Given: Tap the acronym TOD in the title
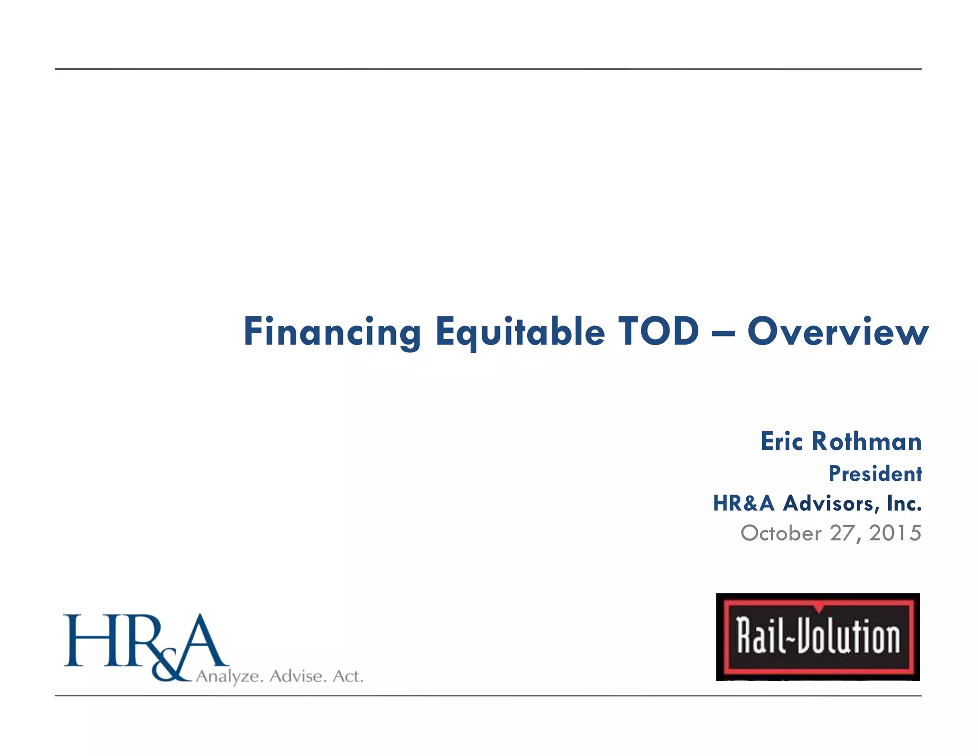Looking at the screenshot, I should pos(659,331).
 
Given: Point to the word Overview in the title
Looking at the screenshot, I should pos(838,331).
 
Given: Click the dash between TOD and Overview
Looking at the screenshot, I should pos(723,334).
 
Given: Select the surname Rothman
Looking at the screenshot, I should pos(867,441).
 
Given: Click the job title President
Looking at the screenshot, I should pos(875,474).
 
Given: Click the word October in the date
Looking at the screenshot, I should pos(781,533).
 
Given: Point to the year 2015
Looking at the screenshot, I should pos(895,533).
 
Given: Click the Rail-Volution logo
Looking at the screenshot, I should pos(818,637).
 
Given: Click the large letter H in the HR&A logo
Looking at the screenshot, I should pos(88,640).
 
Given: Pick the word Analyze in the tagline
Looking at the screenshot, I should pos(230,677).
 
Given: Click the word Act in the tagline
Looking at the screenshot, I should pos(348,676).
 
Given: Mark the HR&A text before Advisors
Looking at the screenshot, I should pos(743,503).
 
